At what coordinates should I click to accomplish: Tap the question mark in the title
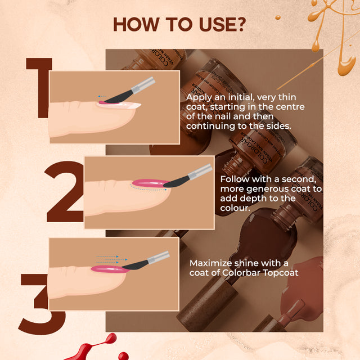pos(240,25)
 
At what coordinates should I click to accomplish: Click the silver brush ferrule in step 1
pos(146,83)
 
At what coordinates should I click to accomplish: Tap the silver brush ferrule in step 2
pos(202,172)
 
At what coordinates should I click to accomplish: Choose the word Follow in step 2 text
pos(236,178)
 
